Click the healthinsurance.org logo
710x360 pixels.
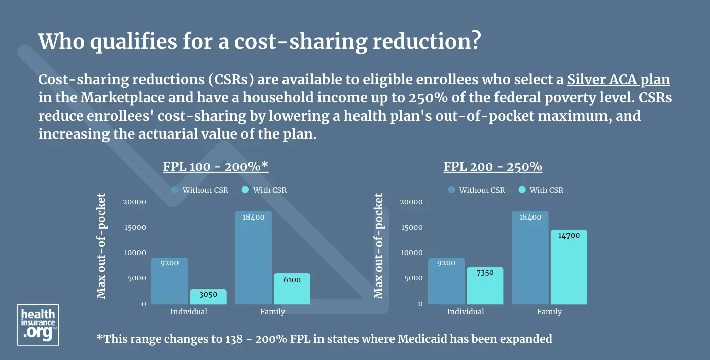coord(38,325)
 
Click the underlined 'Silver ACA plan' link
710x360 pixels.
coord(619,80)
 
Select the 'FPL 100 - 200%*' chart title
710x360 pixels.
coord(216,167)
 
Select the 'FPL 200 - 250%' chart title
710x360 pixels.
coord(493,167)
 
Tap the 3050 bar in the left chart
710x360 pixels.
coord(208,297)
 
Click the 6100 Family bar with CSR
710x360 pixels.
coord(292,289)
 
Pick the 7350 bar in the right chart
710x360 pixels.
coord(485,285)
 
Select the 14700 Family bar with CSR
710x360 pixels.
coord(569,267)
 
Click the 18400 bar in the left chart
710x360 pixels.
coord(253,258)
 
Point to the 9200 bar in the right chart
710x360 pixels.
coord(446,281)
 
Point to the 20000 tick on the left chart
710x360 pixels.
coord(134,202)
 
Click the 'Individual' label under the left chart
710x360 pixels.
coord(189,312)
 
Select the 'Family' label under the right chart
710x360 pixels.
coord(549,312)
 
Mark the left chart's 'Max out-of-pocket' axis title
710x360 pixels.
coord(101,246)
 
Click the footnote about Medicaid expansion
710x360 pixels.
coord(324,339)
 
